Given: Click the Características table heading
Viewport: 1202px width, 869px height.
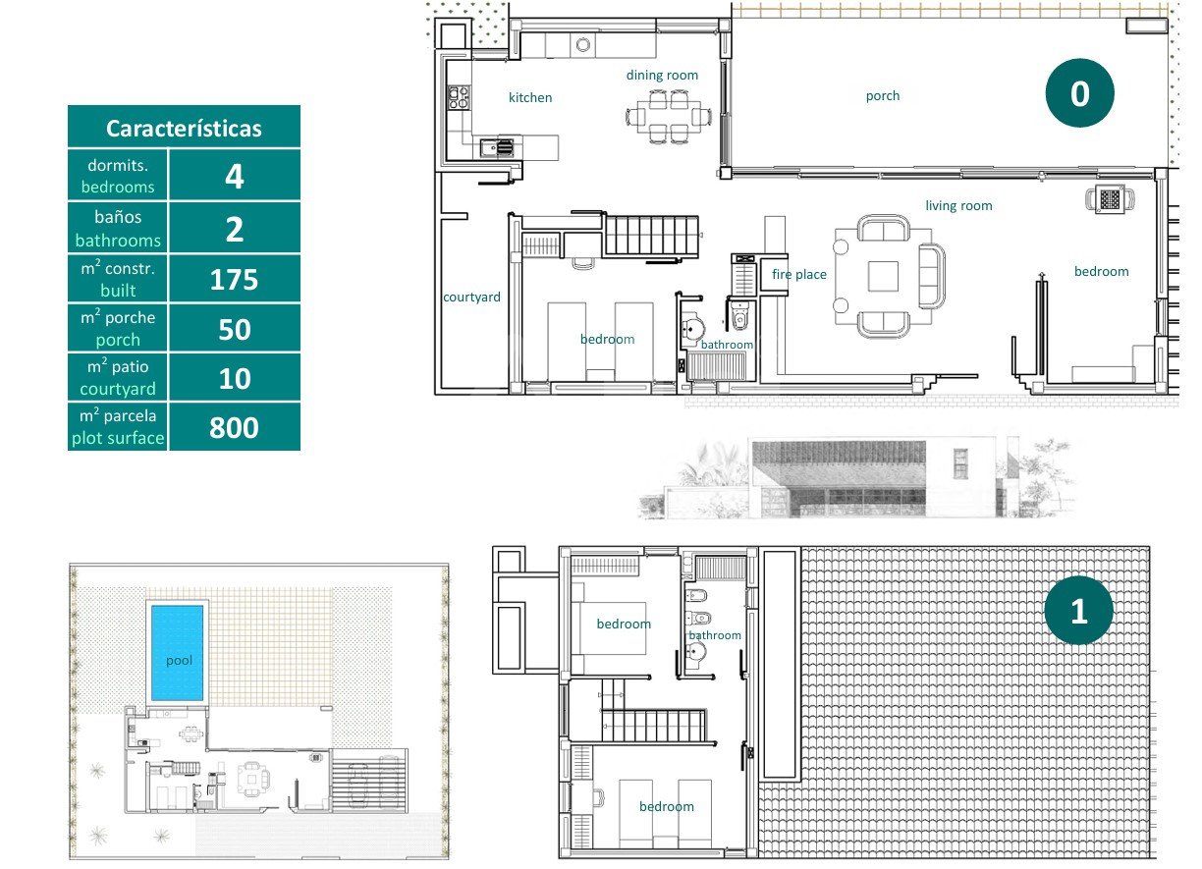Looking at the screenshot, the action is (x=184, y=129).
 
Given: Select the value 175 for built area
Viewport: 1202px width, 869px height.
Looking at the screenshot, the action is (x=234, y=280).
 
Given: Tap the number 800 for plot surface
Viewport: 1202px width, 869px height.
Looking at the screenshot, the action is (x=234, y=427).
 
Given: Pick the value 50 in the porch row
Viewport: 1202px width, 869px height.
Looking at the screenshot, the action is (x=235, y=329).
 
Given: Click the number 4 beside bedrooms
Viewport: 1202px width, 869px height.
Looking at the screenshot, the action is (x=235, y=177).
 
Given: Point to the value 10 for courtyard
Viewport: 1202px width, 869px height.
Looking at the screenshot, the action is (x=235, y=379).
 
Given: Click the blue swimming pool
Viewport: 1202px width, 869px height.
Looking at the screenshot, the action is (x=178, y=653).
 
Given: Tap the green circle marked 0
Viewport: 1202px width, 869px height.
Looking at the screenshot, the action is (x=1079, y=93).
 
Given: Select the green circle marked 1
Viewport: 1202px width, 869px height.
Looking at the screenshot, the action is (x=1079, y=611).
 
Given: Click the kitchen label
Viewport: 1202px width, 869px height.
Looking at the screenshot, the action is (x=530, y=97).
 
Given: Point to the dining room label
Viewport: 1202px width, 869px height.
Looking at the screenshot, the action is (x=662, y=75).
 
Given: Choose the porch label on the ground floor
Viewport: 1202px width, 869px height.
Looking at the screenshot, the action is (x=883, y=96).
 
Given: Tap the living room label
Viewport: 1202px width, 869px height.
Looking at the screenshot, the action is (x=958, y=206).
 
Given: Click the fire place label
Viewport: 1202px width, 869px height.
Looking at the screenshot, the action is (x=799, y=275).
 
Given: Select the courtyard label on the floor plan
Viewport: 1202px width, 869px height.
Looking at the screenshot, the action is (x=471, y=298).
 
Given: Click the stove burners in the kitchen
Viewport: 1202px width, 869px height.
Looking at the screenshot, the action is (x=459, y=97).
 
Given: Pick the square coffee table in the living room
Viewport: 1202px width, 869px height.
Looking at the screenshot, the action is (x=883, y=276).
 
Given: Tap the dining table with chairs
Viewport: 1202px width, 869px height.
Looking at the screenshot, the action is (x=669, y=117).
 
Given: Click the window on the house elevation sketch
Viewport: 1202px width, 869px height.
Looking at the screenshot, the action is (x=960, y=464).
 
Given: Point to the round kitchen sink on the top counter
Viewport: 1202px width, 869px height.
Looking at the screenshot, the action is (x=583, y=45).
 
